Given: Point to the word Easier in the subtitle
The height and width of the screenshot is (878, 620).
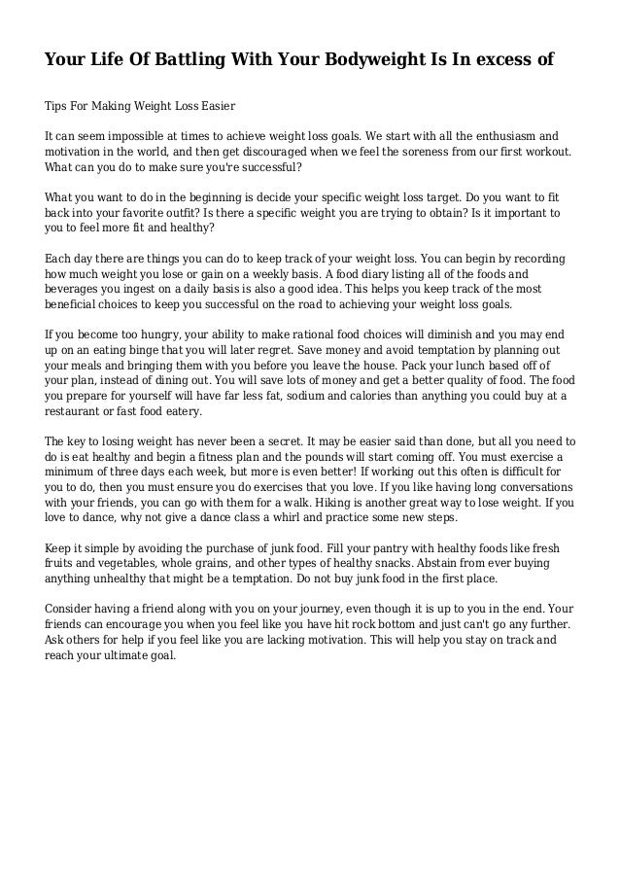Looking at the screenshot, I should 213,104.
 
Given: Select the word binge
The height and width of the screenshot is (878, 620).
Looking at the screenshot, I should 158,351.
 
